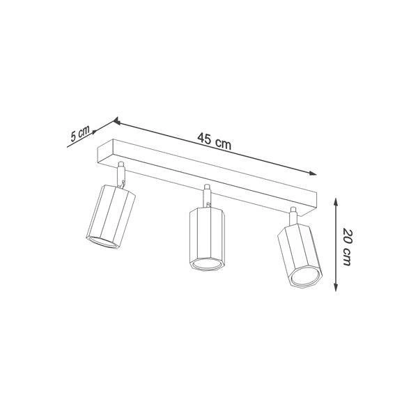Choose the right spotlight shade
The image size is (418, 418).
click(297, 254)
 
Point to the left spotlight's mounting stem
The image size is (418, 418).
click(122, 173)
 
